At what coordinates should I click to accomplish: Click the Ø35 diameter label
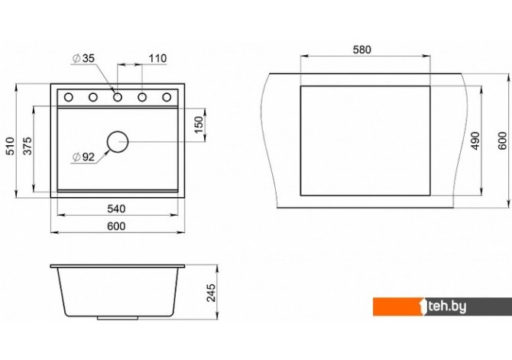click(83, 59)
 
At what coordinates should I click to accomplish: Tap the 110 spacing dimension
click(157, 59)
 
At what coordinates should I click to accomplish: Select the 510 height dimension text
click(10, 146)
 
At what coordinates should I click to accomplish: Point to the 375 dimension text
click(28, 146)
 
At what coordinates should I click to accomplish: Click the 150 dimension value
click(199, 125)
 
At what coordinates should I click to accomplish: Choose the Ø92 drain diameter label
click(83, 157)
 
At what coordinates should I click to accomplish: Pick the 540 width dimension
click(116, 209)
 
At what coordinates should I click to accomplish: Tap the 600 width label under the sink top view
click(116, 226)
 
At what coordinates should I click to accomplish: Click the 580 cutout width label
click(362, 50)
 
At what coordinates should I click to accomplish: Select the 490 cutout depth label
click(476, 141)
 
